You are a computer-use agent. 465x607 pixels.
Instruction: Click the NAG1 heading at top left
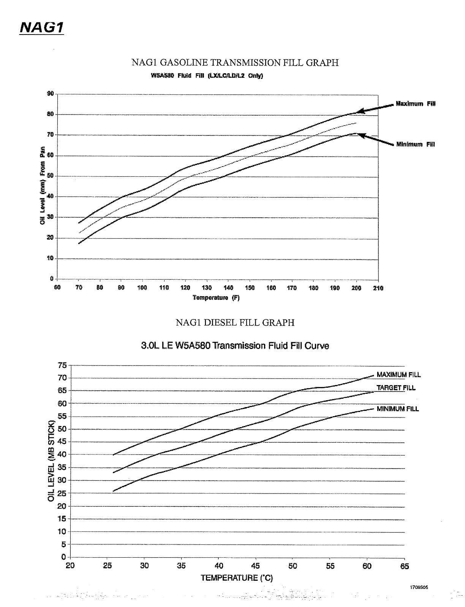coord(41,27)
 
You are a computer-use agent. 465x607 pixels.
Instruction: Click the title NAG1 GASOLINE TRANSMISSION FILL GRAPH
coord(235,63)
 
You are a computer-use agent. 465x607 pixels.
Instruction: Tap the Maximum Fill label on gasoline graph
coord(415,104)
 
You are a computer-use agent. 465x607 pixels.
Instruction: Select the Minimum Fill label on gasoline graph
coord(416,144)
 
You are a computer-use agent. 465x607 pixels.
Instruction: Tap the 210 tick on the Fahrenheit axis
coord(378,288)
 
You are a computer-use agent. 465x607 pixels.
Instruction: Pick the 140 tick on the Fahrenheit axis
coord(228,288)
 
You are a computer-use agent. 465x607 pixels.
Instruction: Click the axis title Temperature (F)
coord(216,298)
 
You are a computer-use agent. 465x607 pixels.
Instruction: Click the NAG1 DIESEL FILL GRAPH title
coord(235,322)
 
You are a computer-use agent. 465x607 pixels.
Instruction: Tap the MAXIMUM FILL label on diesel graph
coord(399,375)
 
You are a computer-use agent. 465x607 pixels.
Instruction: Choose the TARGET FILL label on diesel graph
coord(396,388)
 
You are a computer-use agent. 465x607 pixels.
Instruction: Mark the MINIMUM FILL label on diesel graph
coord(398,409)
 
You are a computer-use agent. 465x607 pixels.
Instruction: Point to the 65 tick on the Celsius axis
coord(405,566)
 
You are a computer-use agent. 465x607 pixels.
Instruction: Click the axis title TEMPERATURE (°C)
coord(237,578)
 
